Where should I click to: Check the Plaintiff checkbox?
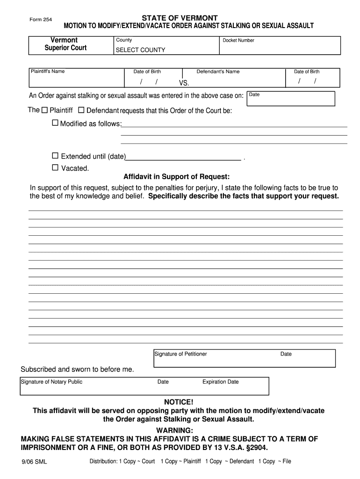[x=45, y=111]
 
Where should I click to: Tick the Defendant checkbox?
[x=81, y=111]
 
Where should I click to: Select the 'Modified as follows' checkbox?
[x=55, y=123]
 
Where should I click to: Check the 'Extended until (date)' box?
[x=55, y=156]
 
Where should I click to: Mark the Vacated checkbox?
[x=55, y=167]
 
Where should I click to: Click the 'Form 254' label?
[x=41, y=20]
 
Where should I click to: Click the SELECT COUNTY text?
[x=140, y=50]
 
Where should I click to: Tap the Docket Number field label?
[x=238, y=40]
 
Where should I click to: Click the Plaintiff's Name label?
[x=48, y=71]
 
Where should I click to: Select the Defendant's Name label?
[x=218, y=72]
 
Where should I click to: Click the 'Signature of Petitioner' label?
[x=181, y=354]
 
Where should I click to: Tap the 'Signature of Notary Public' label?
[x=51, y=382]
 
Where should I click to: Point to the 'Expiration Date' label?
[x=220, y=382]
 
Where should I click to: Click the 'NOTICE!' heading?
[x=178, y=402]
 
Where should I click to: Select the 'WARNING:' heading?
[x=174, y=430]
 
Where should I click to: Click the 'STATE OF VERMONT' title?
[x=183, y=18]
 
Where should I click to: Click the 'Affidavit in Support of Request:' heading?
[x=176, y=177]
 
